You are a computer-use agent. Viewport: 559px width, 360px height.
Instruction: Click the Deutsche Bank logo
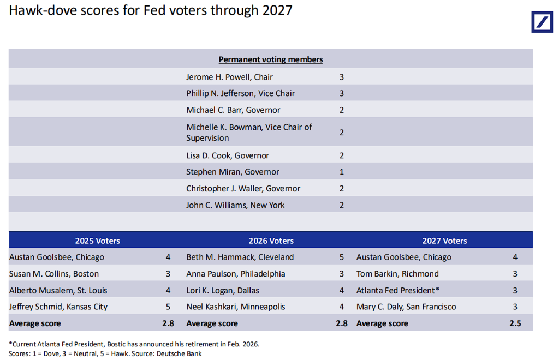(x=542, y=22)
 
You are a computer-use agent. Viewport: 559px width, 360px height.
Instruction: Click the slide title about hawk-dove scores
(x=151, y=11)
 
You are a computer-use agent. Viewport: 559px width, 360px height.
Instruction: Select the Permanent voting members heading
(x=271, y=59)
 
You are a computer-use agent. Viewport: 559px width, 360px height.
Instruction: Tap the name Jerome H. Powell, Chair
(x=229, y=77)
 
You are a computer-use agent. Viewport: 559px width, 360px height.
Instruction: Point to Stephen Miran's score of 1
(x=342, y=172)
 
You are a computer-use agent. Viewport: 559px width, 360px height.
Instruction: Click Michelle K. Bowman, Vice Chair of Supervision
(x=249, y=132)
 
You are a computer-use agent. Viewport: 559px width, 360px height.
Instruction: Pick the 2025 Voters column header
(x=97, y=241)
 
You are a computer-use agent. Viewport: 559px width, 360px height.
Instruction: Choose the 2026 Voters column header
(x=271, y=241)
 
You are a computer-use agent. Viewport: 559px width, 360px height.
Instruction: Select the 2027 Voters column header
(x=444, y=241)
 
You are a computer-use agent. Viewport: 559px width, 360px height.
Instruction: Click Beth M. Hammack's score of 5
(x=342, y=257)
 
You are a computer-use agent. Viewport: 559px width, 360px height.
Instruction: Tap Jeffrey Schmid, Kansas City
(x=58, y=307)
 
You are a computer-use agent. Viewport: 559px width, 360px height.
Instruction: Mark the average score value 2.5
(x=515, y=323)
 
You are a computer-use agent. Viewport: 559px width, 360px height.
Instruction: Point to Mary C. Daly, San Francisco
(x=406, y=307)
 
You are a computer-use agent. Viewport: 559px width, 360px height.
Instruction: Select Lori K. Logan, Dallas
(x=223, y=290)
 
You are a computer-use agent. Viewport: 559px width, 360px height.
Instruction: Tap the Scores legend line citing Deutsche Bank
(x=105, y=353)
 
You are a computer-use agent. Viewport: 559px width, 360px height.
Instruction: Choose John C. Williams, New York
(x=235, y=205)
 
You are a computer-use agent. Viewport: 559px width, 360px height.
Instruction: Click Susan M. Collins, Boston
(x=54, y=273)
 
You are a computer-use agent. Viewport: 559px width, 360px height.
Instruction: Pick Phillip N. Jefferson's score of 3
(x=342, y=93)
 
